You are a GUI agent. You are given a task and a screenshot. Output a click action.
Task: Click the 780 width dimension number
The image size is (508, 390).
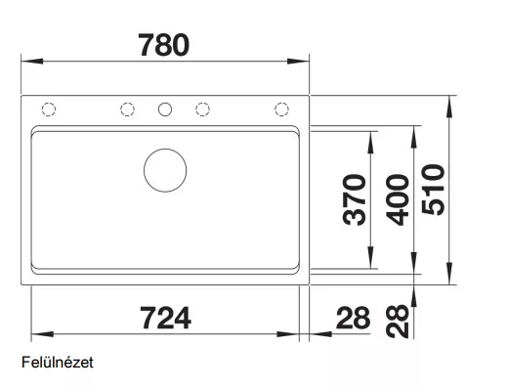pos(163,45)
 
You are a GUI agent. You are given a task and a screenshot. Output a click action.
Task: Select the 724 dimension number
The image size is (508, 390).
pos(165,318)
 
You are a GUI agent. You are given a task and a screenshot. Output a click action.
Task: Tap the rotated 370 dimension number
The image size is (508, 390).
pos(355,199)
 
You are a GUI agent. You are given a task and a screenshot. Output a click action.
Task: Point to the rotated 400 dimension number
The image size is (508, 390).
pos(397,200)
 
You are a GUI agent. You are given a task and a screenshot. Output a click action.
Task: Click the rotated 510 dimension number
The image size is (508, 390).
pos(433,190)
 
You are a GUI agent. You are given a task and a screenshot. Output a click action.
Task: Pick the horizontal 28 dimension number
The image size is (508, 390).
pos(353,318)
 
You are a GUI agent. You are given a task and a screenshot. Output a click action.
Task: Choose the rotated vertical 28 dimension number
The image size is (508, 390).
pos(397,322)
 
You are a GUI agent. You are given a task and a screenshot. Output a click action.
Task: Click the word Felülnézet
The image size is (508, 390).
pos(58,363)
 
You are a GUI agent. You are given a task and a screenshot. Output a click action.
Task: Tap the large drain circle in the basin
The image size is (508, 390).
pos(165,149)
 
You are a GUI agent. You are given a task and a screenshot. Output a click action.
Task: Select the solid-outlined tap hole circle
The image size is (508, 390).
pos(165,103)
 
